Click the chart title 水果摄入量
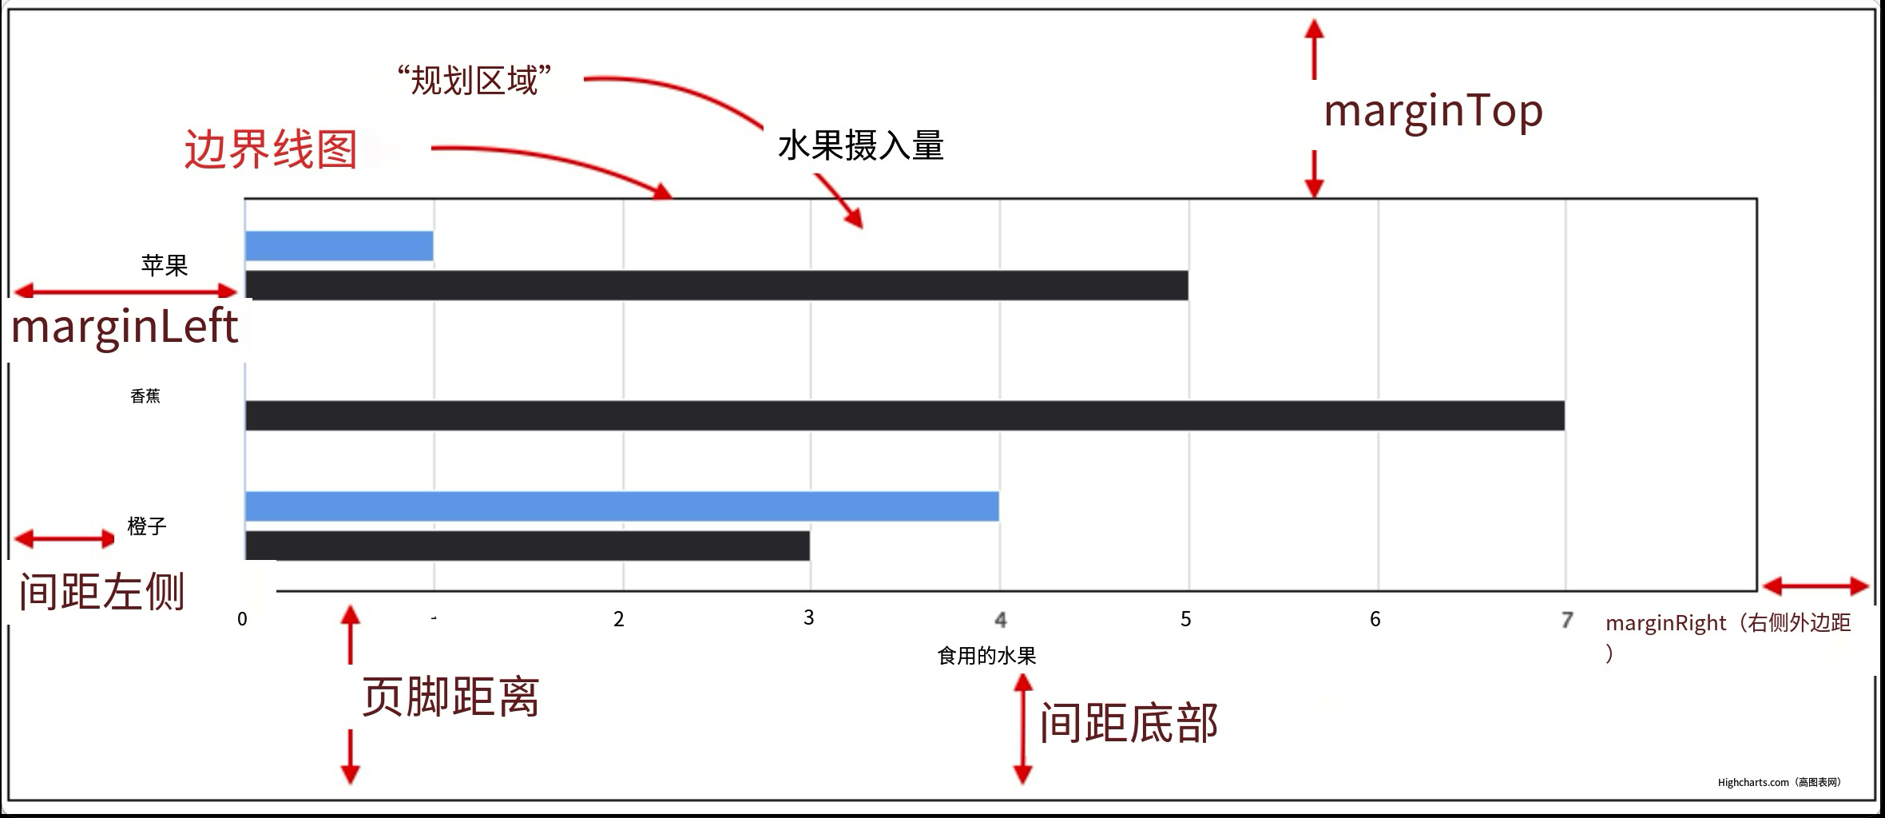pyautogui.click(x=860, y=146)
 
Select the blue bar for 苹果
pyautogui.click(x=339, y=246)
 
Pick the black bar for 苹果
pyautogui.click(x=716, y=285)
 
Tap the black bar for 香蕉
pyautogui.click(x=904, y=415)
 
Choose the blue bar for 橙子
pyautogui.click(x=621, y=506)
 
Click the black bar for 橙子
pyautogui.click(x=527, y=546)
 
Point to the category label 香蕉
pyautogui.click(x=145, y=396)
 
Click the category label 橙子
pyautogui.click(x=147, y=526)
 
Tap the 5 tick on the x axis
pyautogui.click(x=1186, y=619)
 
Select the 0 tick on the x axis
pyautogui.click(x=242, y=619)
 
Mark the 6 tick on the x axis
pyautogui.click(x=1375, y=619)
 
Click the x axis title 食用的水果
pyautogui.click(x=986, y=656)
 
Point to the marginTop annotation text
pyautogui.click(x=1433, y=112)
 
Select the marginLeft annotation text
pyautogui.click(x=125, y=328)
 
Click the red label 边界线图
pyautogui.click(x=271, y=149)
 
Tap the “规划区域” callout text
pyautogui.click(x=474, y=81)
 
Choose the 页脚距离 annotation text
pyautogui.click(x=450, y=697)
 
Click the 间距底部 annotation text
pyautogui.click(x=1128, y=723)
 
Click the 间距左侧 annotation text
pyautogui.click(x=101, y=592)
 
